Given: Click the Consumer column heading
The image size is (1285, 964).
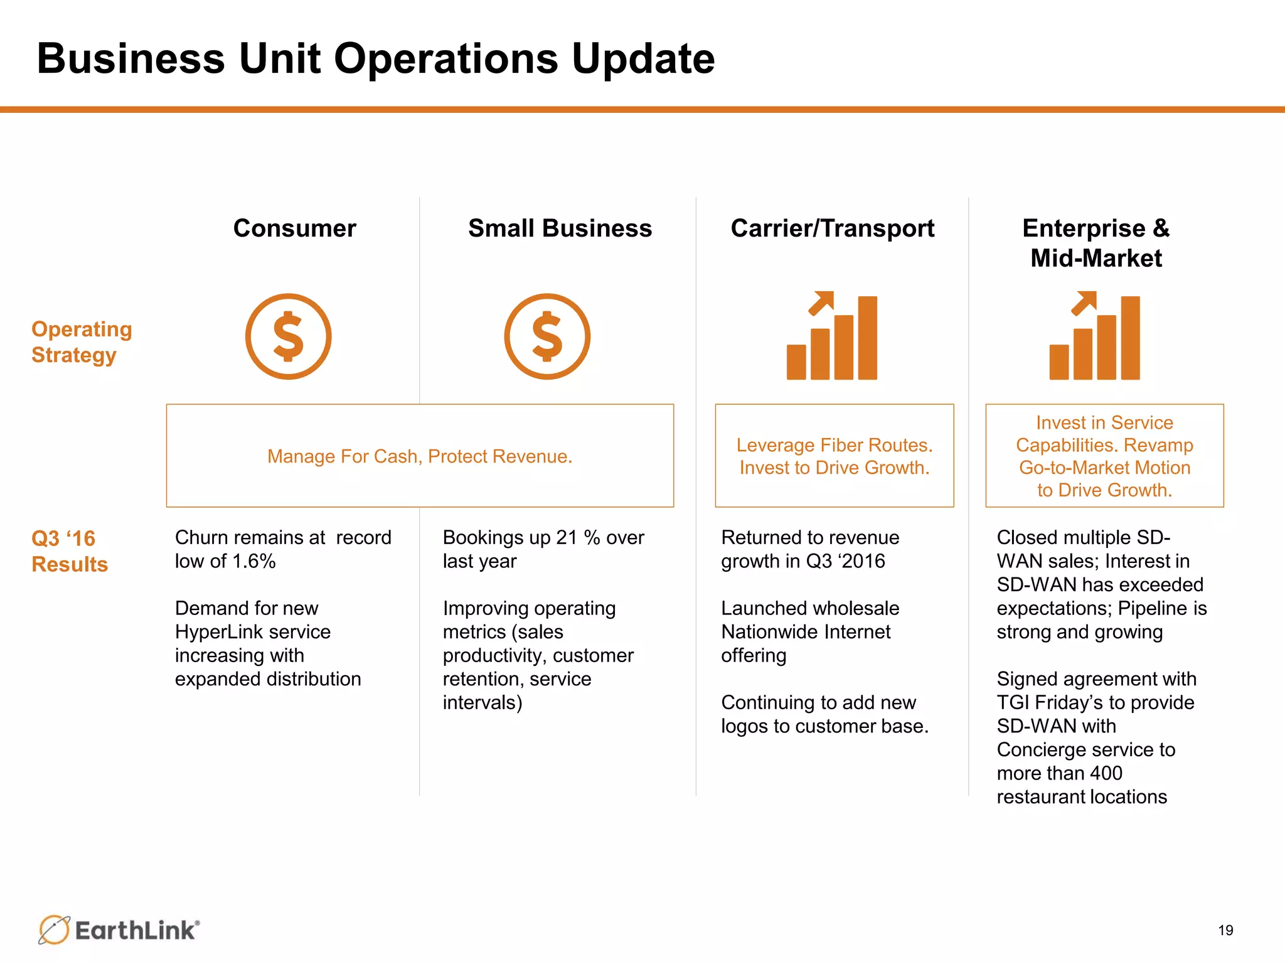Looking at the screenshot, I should (x=294, y=228).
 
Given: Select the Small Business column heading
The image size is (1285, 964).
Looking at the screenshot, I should (x=560, y=228).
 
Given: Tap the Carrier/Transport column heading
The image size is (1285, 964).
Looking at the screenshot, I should (x=832, y=228).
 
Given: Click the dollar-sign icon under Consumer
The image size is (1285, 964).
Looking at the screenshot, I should (x=288, y=336).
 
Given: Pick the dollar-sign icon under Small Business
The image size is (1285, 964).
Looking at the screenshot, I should (x=547, y=336).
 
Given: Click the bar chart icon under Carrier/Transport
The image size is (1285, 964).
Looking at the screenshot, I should (x=832, y=336).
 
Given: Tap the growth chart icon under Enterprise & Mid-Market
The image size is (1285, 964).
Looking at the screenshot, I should (x=1095, y=336).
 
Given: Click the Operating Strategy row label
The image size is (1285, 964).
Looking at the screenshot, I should (x=82, y=342).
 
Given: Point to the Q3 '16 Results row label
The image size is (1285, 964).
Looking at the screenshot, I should (x=69, y=551).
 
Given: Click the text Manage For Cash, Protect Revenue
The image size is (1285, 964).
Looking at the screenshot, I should (x=420, y=456).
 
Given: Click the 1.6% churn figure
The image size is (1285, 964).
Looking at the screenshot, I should (x=254, y=561).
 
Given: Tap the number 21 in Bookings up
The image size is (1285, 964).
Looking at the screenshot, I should (x=567, y=538).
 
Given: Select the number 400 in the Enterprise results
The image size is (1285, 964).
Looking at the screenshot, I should (x=1105, y=773).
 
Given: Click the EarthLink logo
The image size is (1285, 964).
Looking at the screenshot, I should (x=119, y=929).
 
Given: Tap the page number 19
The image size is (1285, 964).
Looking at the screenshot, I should (x=1225, y=930).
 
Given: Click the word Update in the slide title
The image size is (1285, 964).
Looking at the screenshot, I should (x=642, y=58).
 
